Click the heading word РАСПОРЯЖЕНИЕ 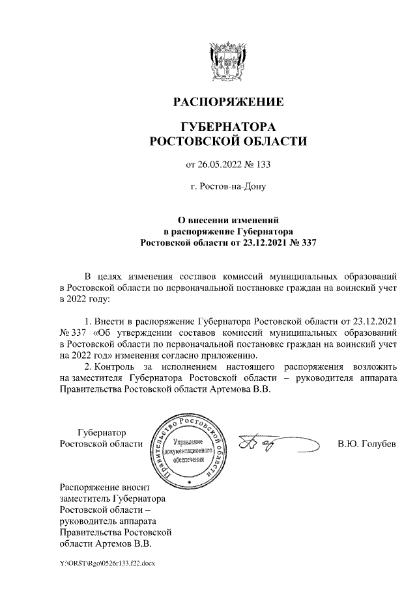tap(227, 102)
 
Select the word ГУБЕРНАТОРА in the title tap(227, 126)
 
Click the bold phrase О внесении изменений tap(227, 221)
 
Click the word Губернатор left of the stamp tap(102, 433)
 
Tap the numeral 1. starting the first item tap(89, 321)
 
